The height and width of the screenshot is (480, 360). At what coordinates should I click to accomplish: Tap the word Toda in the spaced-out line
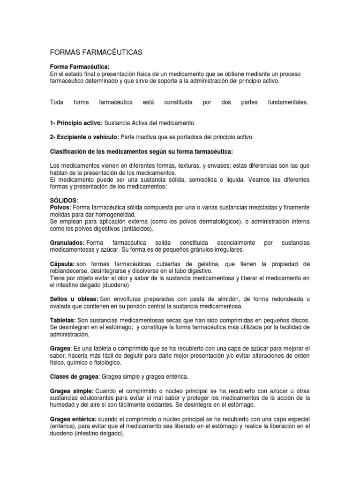coord(56,102)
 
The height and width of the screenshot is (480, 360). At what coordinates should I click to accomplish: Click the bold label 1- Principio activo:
coord(76,123)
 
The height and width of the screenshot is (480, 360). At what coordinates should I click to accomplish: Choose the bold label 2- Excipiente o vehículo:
coord(84,137)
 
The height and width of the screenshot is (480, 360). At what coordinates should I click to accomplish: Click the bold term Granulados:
coord(67,243)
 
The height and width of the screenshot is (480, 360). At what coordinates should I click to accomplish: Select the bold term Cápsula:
coord(62,264)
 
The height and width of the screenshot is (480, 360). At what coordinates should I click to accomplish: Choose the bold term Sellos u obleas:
coord(74,299)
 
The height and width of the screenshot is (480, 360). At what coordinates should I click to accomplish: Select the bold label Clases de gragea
coord(74,376)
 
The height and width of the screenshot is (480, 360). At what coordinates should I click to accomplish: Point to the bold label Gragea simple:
coord(72,390)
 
